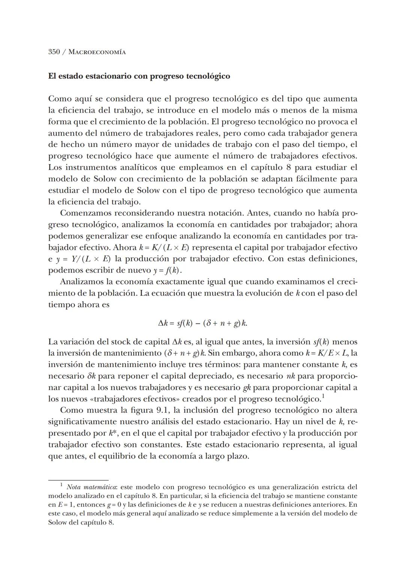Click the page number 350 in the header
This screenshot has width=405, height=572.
point(54,52)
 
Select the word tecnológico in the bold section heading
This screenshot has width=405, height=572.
point(208,76)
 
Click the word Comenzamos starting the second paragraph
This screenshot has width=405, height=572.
point(85,213)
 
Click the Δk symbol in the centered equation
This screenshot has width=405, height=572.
point(162,323)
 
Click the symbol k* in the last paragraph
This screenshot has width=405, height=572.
point(113,433)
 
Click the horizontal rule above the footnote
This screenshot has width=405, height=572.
point(78,480)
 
